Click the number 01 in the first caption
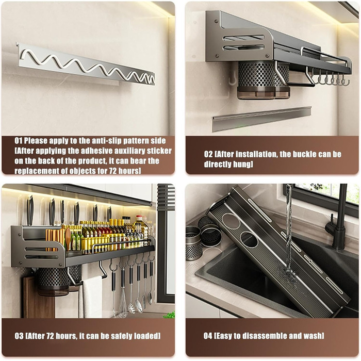(x=19, y=141)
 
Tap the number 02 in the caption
(x=208, y=154)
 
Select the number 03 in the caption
(x=19, y=336)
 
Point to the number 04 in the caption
(x=208, y=336)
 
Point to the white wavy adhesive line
(x=88, y=66)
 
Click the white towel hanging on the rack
(x=90, y=297)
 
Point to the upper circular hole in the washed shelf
(x=231, y=221)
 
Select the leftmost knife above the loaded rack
(x=30, y=210)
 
